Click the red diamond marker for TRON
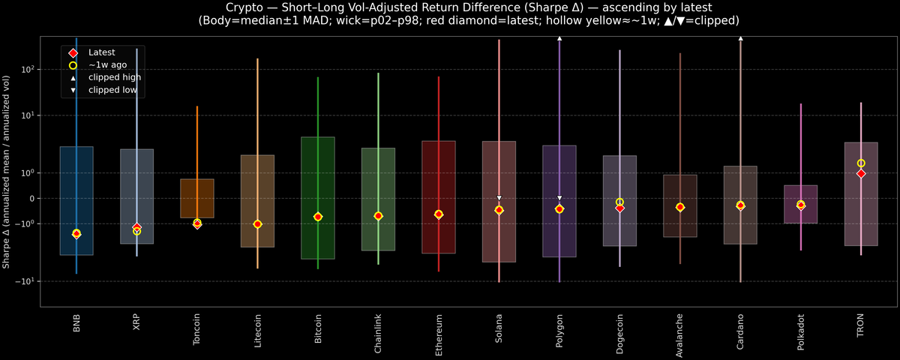pos(861,173)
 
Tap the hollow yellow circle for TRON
pos(861,163)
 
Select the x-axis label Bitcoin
pos(318,329)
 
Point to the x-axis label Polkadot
pos(800,331)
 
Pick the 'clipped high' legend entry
pos(114,77)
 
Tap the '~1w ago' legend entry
pos(107,65)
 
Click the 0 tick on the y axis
pos(31,199)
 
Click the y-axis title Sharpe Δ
pos(7,172)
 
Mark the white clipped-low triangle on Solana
pos(499,198)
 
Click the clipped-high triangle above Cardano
pos(740,37)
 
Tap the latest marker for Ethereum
pos(439,214)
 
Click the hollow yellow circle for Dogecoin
pos(619,202)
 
